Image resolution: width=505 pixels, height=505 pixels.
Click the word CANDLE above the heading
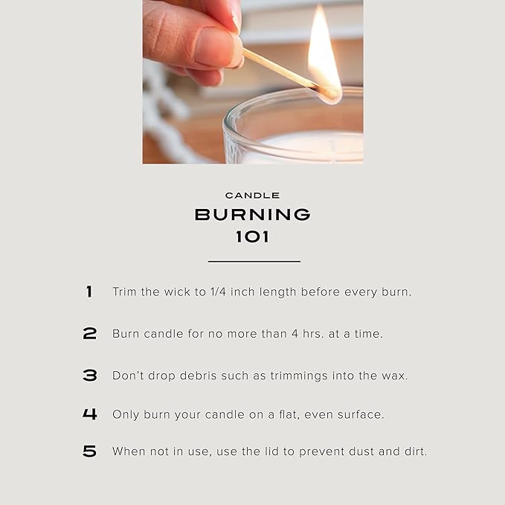(252, 196)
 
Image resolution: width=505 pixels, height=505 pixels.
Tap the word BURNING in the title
(253, 214)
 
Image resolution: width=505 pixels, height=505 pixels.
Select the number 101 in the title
(252, 237)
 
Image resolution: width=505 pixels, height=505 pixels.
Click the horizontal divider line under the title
(254, 262)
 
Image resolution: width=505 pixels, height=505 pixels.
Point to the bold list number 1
(89, 292)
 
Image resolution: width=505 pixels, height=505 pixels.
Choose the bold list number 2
(89, 333)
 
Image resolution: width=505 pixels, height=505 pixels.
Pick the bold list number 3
(89, 375)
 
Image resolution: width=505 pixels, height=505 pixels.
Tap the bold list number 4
(89, 414)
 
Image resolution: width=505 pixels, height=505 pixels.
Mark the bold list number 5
(89, 451)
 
